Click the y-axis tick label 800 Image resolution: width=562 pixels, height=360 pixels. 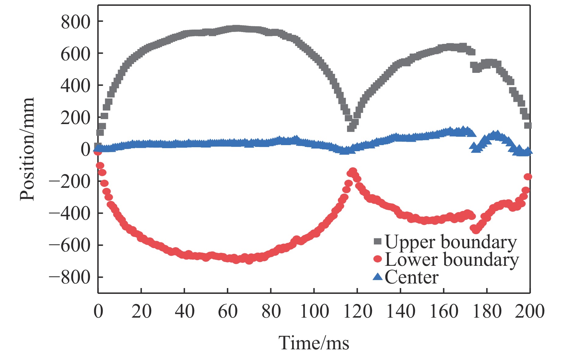click(76, 22)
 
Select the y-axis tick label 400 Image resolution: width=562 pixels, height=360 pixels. click(76, 86)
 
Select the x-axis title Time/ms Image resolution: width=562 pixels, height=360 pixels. click(314, 343)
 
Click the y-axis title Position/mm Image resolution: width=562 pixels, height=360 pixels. click(27, 149)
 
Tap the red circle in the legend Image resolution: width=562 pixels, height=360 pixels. click(378, 259)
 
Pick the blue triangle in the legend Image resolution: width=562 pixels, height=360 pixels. click(378, 277)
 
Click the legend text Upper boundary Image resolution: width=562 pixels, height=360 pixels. click(451, 242)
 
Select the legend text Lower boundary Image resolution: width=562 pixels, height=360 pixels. click(452, 260)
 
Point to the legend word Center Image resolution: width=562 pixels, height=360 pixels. click(412, 277)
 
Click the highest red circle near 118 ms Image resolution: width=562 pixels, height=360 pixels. click(353, 171)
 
